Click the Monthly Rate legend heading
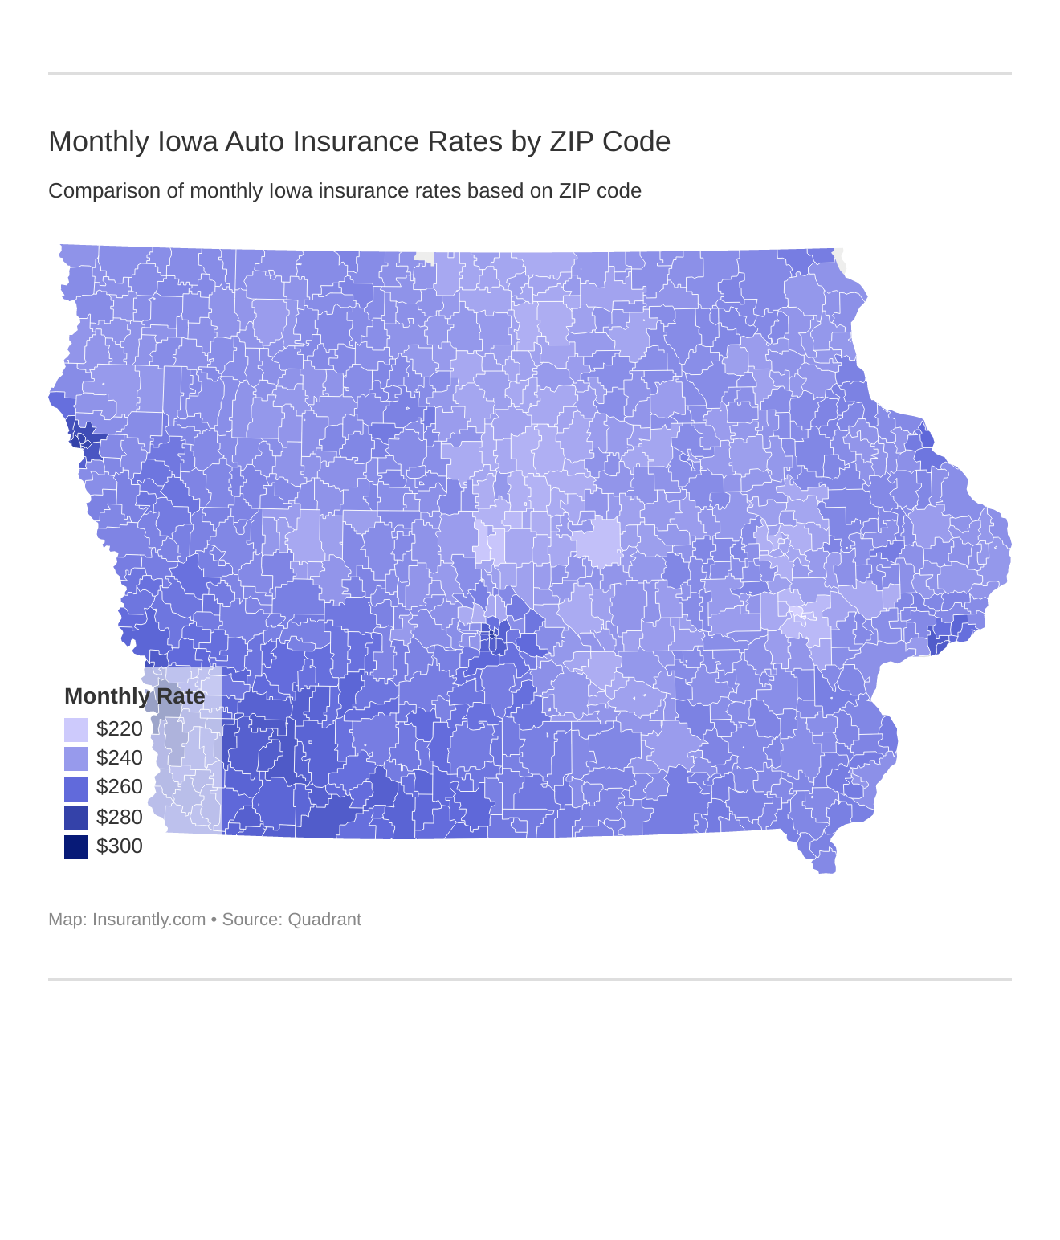134,696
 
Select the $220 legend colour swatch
76,729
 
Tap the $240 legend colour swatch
76,758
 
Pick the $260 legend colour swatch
76,788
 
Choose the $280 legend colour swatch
76,818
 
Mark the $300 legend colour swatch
76,846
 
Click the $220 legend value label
119,729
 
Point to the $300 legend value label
119,846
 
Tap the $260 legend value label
119,787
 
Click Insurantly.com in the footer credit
149,920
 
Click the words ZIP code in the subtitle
600,191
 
